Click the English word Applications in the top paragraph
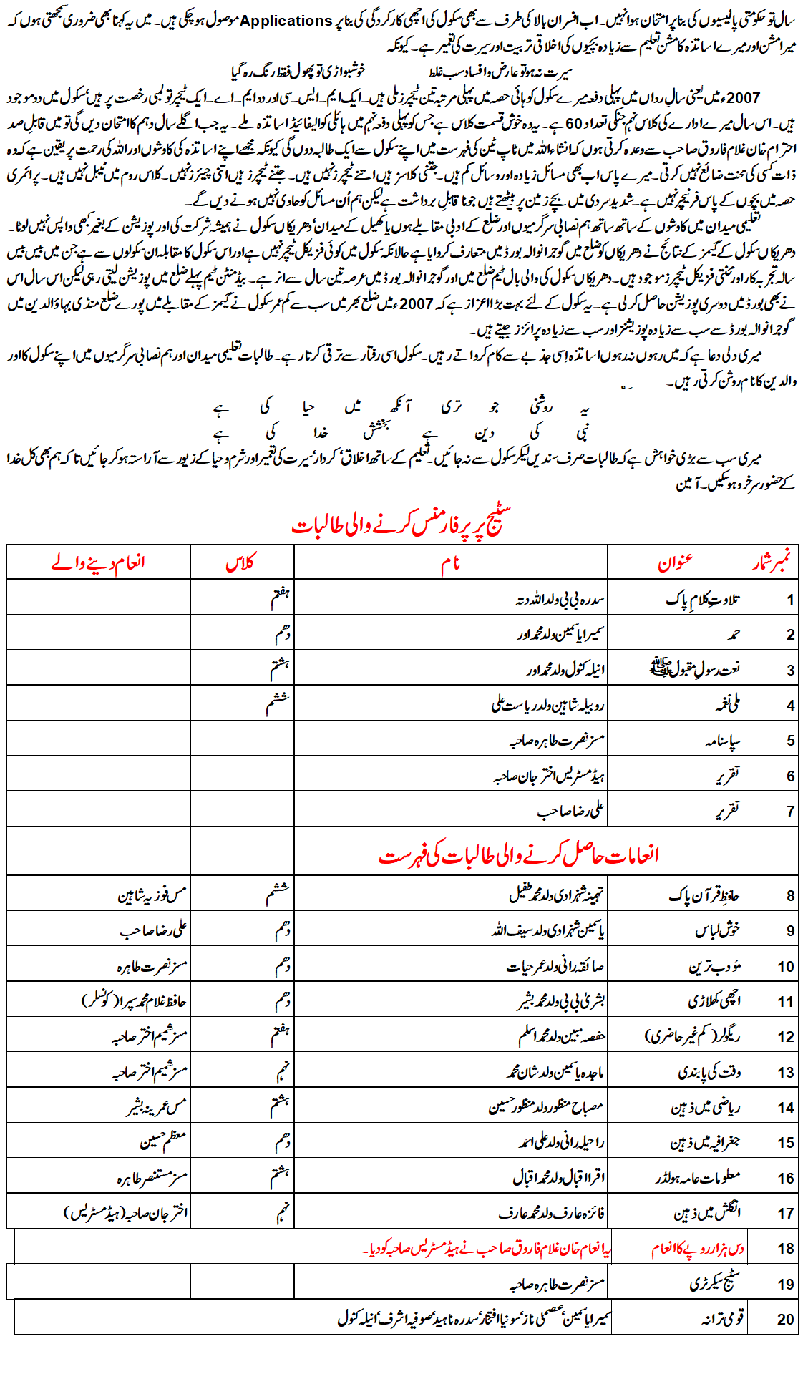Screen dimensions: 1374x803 (x=286, y=21)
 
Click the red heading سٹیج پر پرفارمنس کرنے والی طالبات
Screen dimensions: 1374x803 (x=401, y=524)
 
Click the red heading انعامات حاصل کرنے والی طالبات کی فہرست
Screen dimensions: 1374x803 (x=519, y=854)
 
